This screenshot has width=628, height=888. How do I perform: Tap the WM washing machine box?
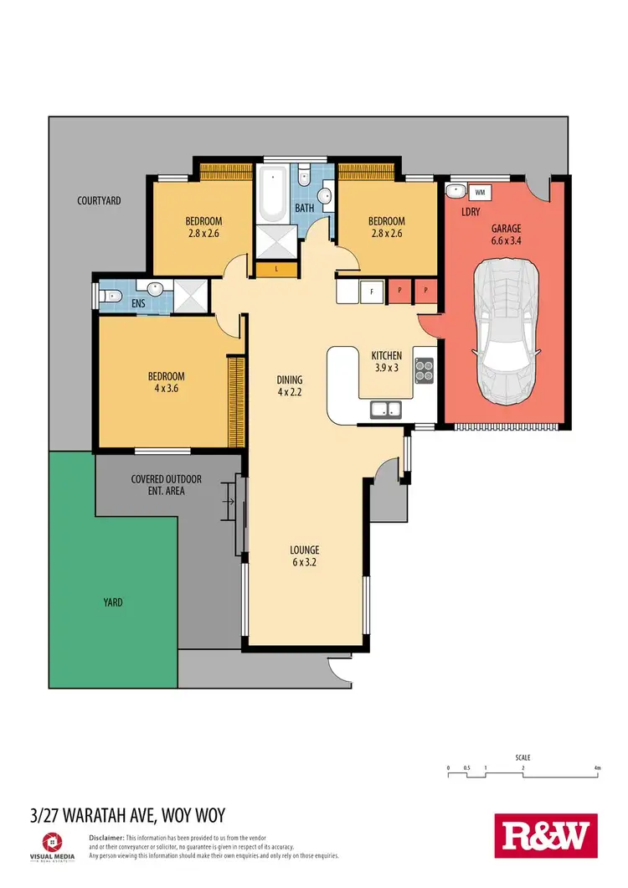[479, 191]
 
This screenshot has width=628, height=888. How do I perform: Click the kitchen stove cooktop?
[424, 369]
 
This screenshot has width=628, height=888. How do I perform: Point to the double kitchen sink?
[386, 409]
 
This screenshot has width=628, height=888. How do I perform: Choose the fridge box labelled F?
[371, 291]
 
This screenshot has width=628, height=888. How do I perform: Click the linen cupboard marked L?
[277, 270]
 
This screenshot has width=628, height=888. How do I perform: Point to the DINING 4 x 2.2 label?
[290, 385]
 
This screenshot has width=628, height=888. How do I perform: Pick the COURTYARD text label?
[99, 201]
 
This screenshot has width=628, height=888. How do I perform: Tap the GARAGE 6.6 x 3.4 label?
[506, 234]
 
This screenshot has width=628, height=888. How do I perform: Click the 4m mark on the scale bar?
[596, 767]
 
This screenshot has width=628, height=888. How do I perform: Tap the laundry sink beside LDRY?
[455, 190]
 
